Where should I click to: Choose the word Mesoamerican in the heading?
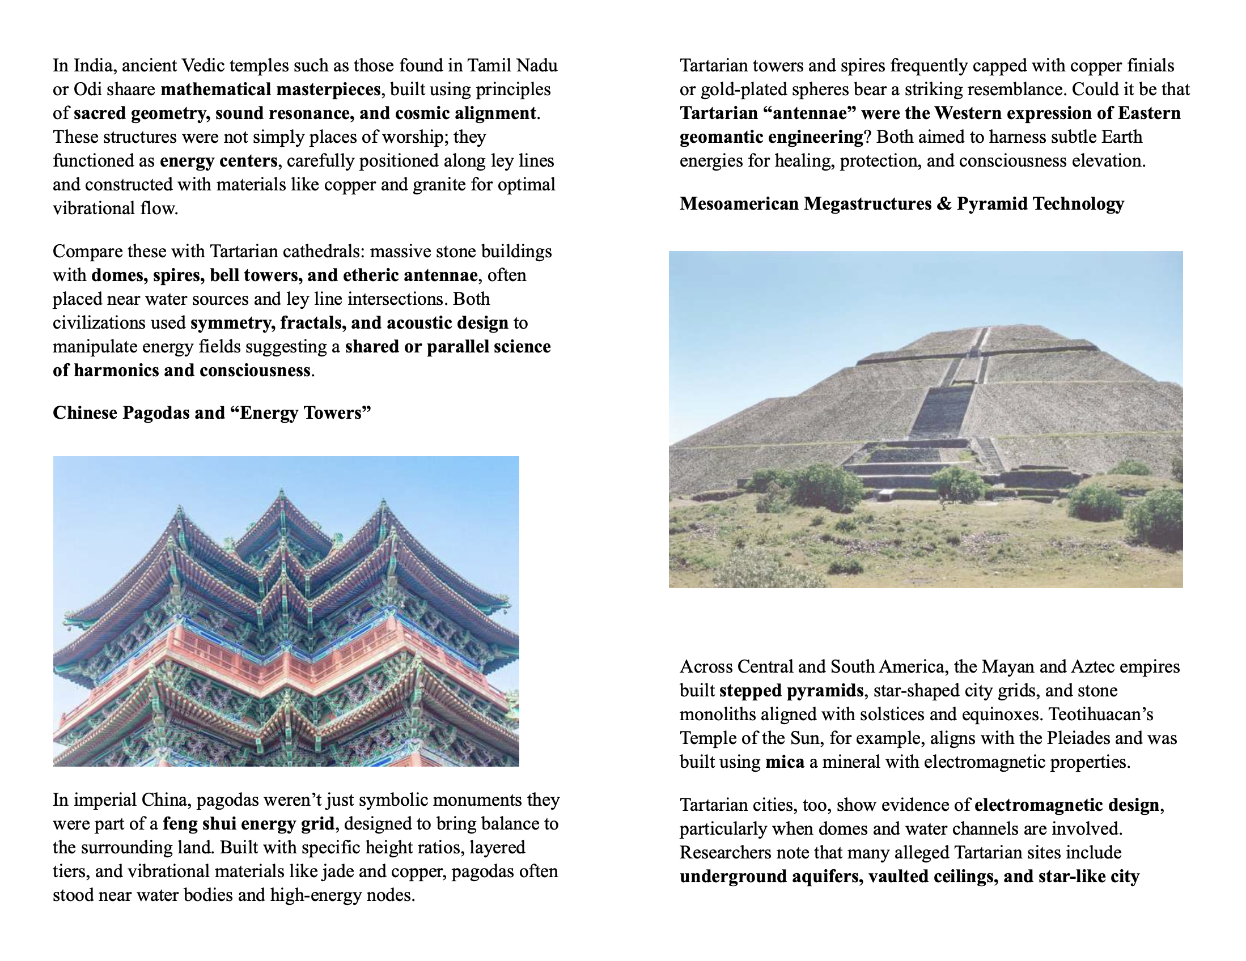[x=739, y=204]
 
